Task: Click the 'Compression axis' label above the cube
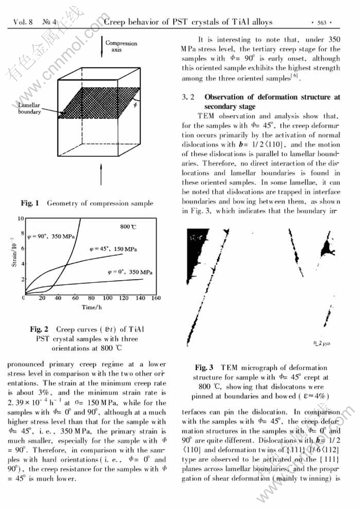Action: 121,46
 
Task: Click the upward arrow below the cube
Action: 101,174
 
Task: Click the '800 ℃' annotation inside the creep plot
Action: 129,226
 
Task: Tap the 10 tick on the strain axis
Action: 21,218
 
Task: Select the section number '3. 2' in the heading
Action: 189,97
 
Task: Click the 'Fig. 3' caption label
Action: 204,368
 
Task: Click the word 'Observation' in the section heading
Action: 226,97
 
